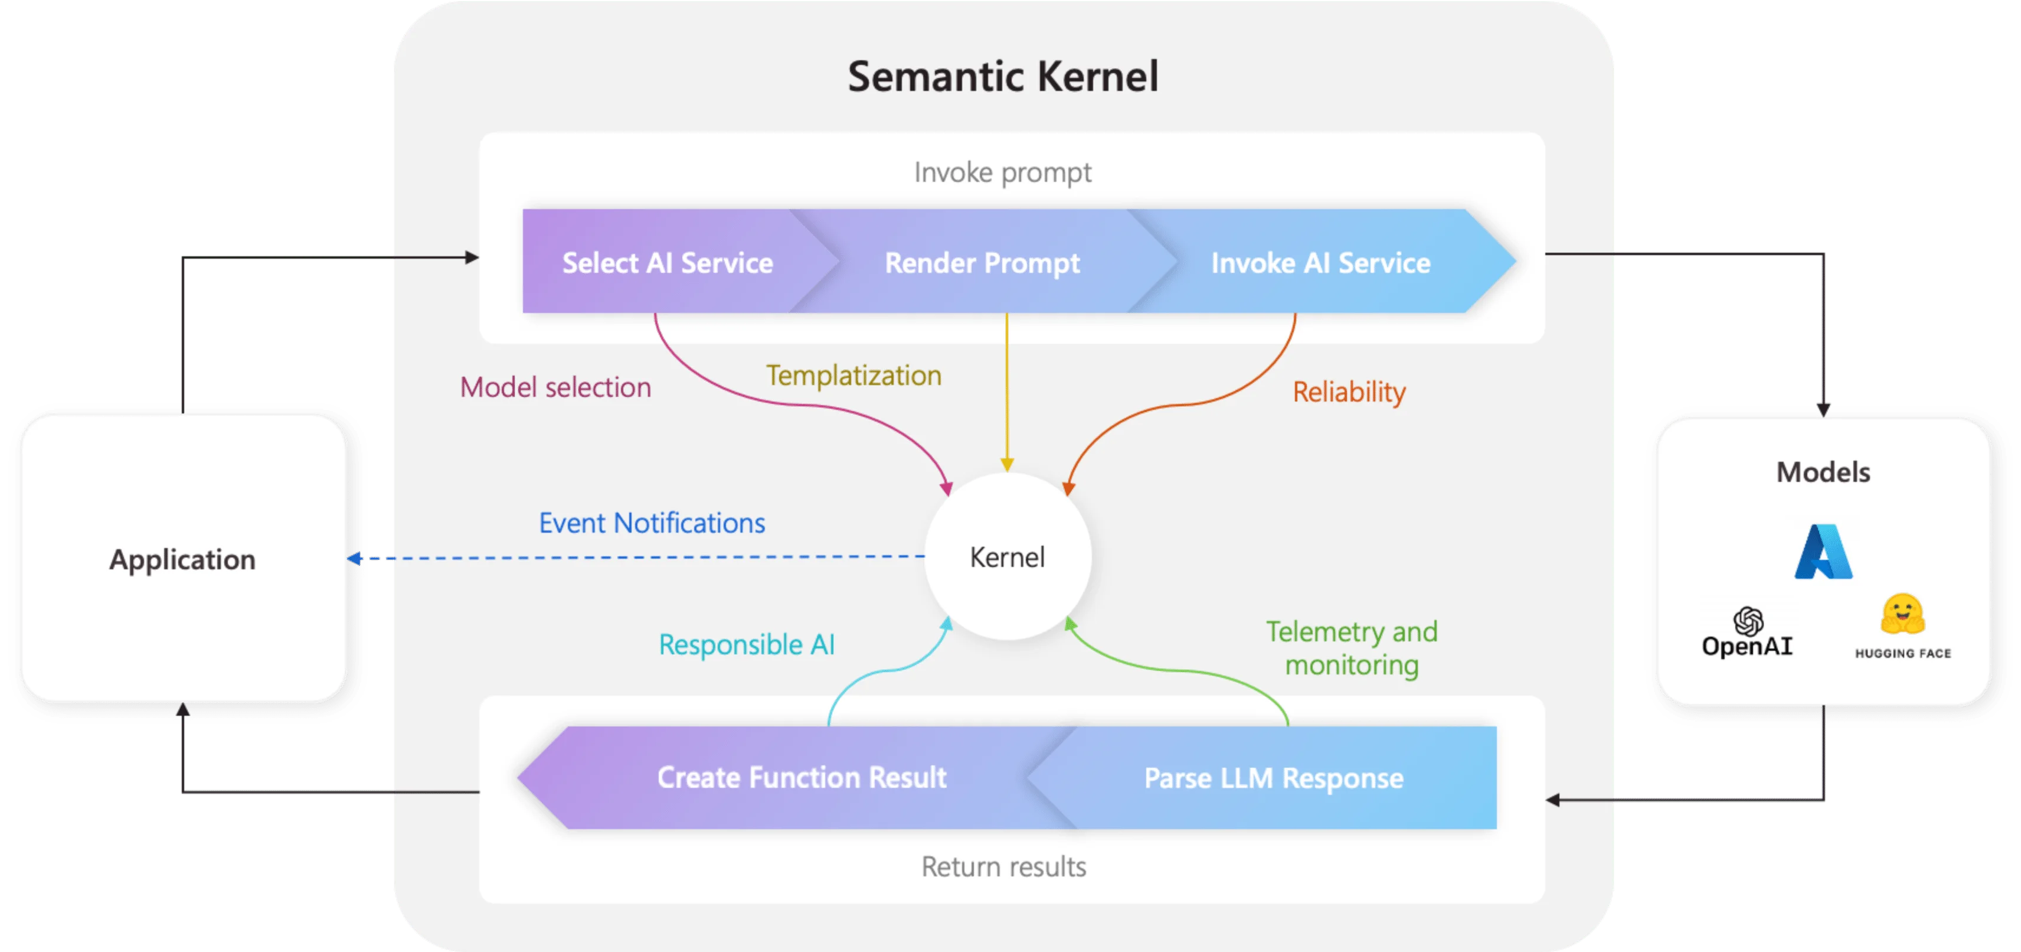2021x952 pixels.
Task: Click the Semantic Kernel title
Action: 1003,77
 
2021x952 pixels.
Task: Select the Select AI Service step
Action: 667,263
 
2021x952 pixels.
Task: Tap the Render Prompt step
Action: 982,263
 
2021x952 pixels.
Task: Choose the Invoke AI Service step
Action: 1320,263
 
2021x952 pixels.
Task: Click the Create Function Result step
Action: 801,778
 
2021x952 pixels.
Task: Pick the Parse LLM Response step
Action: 1273,778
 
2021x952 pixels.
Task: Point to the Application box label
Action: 182,560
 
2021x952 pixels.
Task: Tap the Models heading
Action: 1823,472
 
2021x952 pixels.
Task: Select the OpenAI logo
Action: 1747,633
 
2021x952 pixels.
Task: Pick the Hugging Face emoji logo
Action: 1902,615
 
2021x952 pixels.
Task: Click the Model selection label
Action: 555,387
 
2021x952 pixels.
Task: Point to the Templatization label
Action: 853,376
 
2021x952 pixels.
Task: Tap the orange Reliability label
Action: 1349,392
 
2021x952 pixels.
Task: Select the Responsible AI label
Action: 746,645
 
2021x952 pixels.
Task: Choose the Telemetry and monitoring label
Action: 1351,648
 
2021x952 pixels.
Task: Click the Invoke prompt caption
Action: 1003,172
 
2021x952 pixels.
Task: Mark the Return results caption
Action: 1003,867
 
